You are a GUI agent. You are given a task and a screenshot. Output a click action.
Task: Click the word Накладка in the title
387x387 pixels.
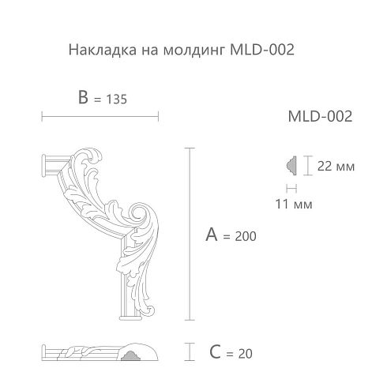pyautogui.click(x=103, y=50)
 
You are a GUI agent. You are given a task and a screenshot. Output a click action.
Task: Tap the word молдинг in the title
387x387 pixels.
pyautogui.click(x=194, y=51)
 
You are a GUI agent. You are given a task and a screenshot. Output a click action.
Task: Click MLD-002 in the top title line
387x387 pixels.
pyautogui.click(x=262, y=49)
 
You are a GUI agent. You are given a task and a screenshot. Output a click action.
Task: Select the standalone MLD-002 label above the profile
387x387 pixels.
pyautogui.click(x=320, y=116)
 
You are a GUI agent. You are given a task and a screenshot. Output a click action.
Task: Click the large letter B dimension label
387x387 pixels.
pyautogui.click(x=83, y=97)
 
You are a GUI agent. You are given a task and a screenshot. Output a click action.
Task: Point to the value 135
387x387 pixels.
pyautogui.click(x=117, y=100)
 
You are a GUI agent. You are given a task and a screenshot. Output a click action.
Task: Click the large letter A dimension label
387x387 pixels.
pyautogui.click(x=212, y=235)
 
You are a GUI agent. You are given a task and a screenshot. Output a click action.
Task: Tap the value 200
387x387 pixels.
pyautogui.click(x=246, y=236)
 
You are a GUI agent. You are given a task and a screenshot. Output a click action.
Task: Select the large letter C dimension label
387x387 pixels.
pyautogui.click(x=215, y=352)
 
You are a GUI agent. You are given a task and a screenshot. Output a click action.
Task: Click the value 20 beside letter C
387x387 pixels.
pyautogui.click(x=245, y=354)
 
